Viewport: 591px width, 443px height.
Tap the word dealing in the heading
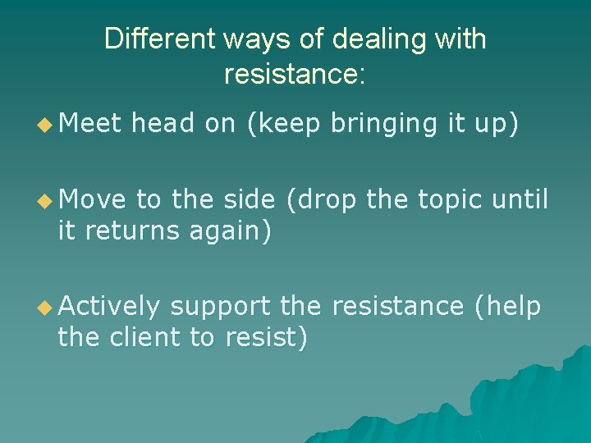[355, 39]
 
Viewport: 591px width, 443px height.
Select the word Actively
[109, 307]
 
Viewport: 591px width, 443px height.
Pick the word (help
[508, 307]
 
